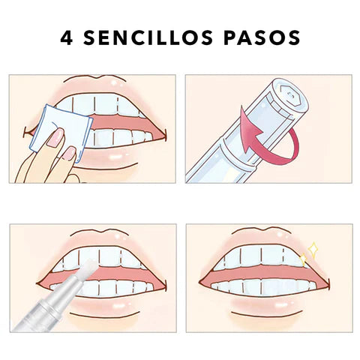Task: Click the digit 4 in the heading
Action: (67, 37)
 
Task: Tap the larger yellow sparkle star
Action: (313, 249)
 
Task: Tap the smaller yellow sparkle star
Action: (303, 260)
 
